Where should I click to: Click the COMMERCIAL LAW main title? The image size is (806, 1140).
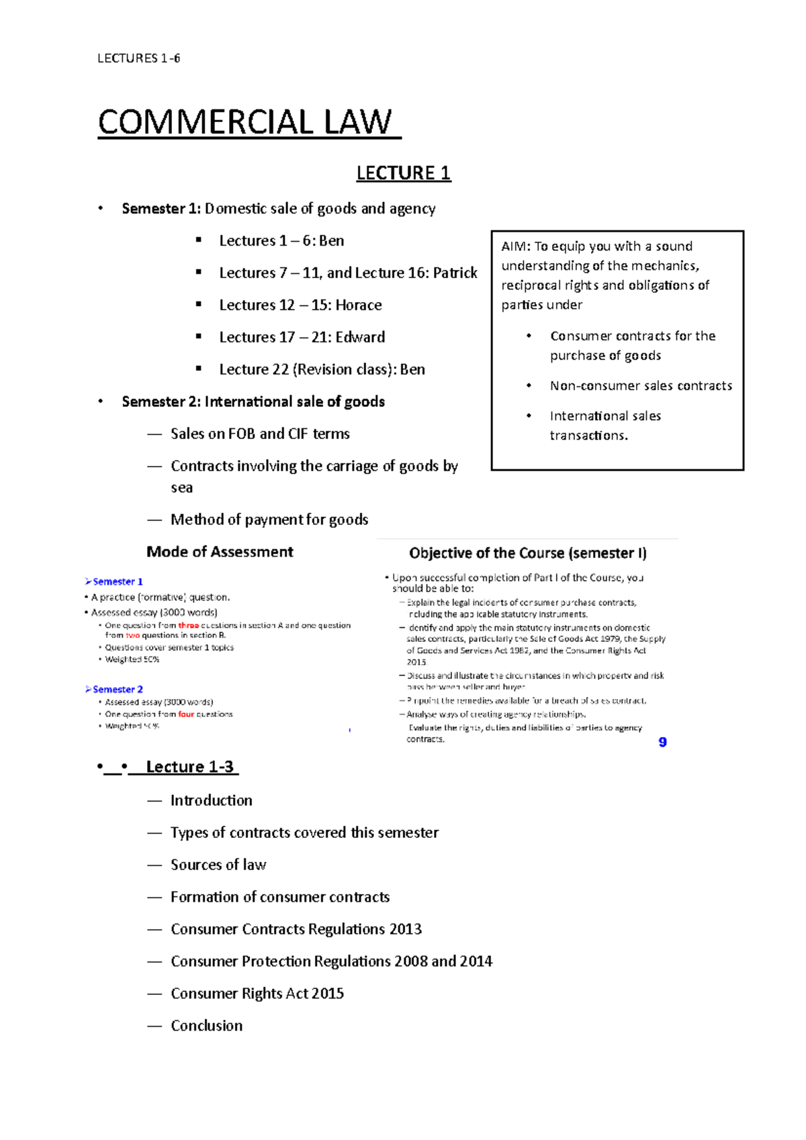[x=245, y=123]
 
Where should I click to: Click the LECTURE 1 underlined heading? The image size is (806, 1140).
[x=403, y=173]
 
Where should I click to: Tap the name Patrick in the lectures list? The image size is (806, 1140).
[x=455, y=273]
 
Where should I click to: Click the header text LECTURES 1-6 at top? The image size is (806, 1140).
[x=138, y=58]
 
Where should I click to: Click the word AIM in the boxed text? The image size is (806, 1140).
[x=515, y=246]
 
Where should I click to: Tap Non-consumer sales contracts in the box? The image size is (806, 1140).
[x=641, y=385]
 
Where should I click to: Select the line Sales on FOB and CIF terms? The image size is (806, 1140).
[x=260, y=434]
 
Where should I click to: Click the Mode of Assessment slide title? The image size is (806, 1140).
[x=220, y=552]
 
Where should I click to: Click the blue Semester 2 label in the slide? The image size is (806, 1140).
[x=118, y=690]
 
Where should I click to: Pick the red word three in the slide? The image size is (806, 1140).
[x=188, y=625]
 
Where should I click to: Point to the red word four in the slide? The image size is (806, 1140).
[x=186, y=714]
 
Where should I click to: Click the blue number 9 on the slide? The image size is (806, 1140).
[x=662, y=742]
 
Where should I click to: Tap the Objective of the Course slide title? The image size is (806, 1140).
[x=527, y=553]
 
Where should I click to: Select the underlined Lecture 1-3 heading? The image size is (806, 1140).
[x=189, y=767]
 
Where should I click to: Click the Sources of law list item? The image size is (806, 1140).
[x=218, y=865]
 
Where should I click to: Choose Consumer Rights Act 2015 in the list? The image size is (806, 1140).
[x=257, y=994]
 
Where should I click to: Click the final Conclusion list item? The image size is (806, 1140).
[x=206, y=1026]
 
